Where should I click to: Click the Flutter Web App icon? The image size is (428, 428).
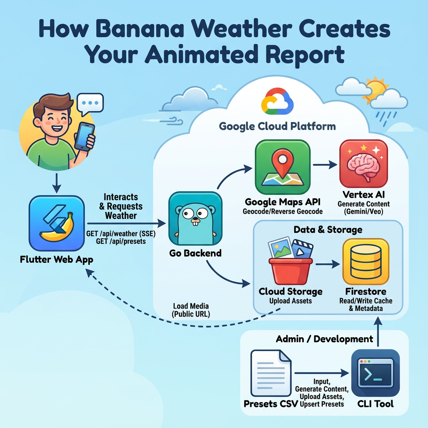[56, 223]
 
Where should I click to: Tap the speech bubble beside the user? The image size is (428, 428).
[90, 103]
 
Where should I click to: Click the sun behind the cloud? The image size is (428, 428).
[376, 89]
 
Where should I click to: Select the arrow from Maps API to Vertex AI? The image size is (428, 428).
[325, 164]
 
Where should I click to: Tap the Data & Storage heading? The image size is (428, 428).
[328, 229]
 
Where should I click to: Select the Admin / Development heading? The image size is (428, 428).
[324, 339]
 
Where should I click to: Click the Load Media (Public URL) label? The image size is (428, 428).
[191, 310]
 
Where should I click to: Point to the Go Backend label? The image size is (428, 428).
[195, 253]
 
